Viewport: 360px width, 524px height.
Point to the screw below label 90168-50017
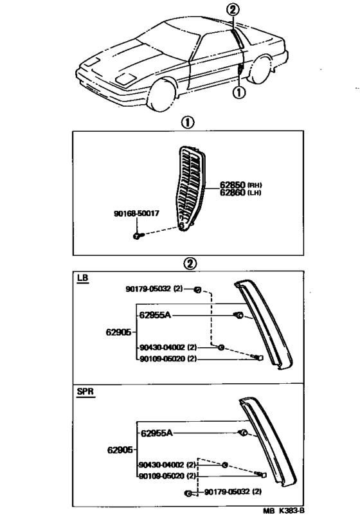(x=138, y=237)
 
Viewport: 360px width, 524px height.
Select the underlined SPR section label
(x=85, y=392)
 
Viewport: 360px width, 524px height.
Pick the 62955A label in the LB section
(x=156, y=316)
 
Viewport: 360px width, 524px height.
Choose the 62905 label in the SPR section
(x=120, y=449)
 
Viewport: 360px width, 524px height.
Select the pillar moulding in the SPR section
(x=270, y=444)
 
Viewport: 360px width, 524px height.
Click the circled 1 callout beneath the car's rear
(x=238, y=93)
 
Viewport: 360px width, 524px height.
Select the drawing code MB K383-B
(x=283, y=512)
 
